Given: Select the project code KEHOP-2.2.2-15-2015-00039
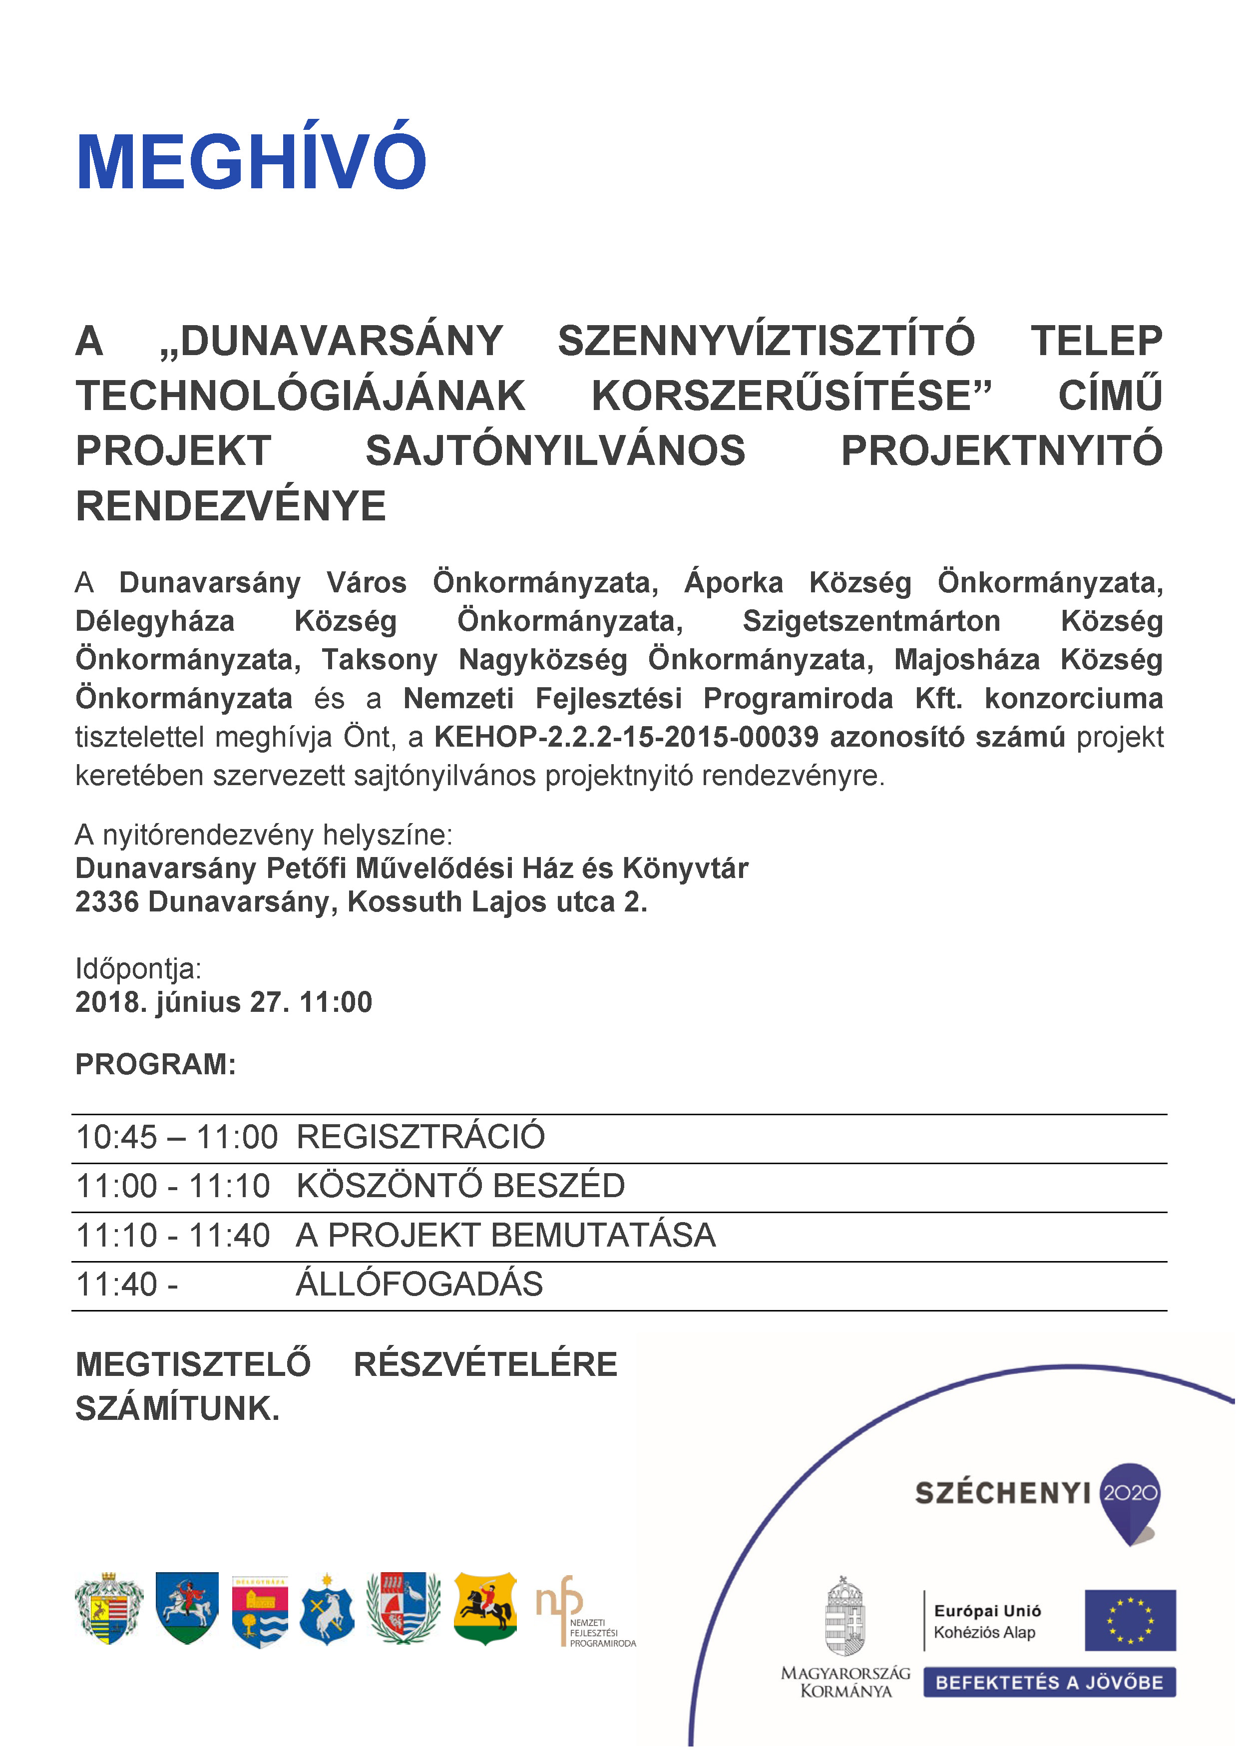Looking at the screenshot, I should [626, 737].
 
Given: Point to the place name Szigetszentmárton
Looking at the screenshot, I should [871, 621].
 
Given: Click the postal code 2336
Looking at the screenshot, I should [107, 902].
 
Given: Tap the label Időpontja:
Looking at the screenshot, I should [138, 968].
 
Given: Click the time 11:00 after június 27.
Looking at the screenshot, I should [336, 1002].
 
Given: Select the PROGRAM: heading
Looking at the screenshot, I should [156, 1064].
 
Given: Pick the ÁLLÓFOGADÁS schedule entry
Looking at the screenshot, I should [419, 1284].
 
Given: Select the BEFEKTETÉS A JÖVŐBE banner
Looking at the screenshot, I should [1049, 1683].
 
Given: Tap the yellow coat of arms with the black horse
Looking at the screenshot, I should [485, 1607].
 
